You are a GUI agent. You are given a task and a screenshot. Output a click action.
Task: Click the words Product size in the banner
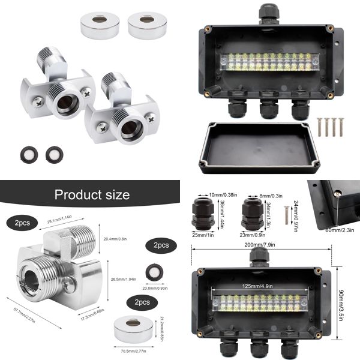92,194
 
